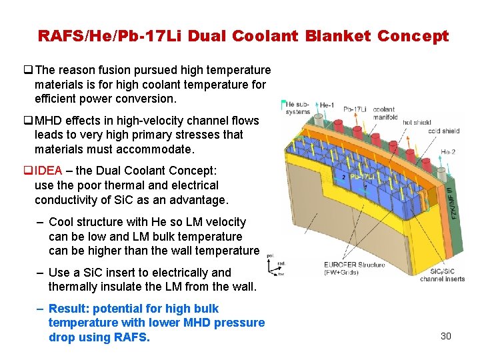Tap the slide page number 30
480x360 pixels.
tap(446, 335)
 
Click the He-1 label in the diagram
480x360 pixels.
tap(327, 105)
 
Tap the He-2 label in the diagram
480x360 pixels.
tap(449, 152)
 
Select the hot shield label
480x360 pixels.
tap(417, 123)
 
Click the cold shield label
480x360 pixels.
tap(443, 131)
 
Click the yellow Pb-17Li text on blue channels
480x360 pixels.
tap(363, 177)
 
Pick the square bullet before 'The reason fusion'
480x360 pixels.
tap(28, 70)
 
